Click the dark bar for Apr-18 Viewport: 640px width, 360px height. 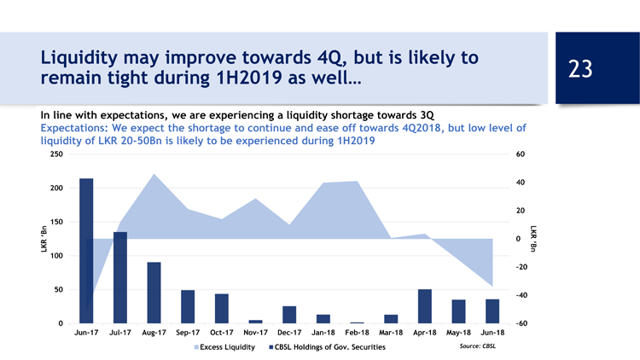click(x=424, y=306)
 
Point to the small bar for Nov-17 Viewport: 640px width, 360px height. click(x=255, y=322)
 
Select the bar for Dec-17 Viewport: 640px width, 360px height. click(x=289, y=315)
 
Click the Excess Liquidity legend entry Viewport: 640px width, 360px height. click(x=226, y=347)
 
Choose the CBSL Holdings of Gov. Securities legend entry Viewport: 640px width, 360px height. click(x=328, y=347)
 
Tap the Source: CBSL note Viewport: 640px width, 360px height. click(x=477, y=346)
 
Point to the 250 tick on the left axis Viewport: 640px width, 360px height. click(x=56, y=154)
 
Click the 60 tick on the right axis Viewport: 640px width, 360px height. click(x=521, y=154)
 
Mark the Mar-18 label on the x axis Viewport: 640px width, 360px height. click(x=391, y=332)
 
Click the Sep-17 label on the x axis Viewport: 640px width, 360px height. click(x=188, y=332)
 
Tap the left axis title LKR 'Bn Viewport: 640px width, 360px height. click(x=44, y=239)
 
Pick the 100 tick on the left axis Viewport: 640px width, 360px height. click(x=56, y=256)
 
